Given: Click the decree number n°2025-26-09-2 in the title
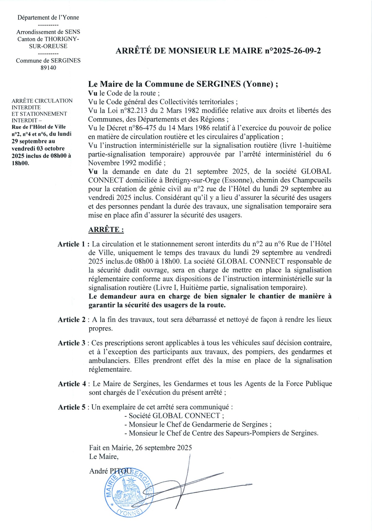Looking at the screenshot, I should tap(292, 51).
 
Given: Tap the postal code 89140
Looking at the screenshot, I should tap(48, 68).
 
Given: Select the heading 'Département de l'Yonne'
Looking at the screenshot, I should tap(48, 18).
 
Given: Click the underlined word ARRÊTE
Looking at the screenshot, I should tap(106, 230).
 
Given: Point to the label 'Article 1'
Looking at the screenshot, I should tap(72, 244).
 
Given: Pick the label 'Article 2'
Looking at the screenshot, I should tap(72, 320).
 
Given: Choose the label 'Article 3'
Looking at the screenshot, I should tap(72, 343).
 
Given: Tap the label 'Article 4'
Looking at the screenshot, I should tap(72, 384).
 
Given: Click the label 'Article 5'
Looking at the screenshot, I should tap(72, 407).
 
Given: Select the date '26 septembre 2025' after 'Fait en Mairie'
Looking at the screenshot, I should tap(164, 448).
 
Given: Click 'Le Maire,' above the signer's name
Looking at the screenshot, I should tap(104, 457).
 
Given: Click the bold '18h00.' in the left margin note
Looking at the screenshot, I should tap(20, 163).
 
